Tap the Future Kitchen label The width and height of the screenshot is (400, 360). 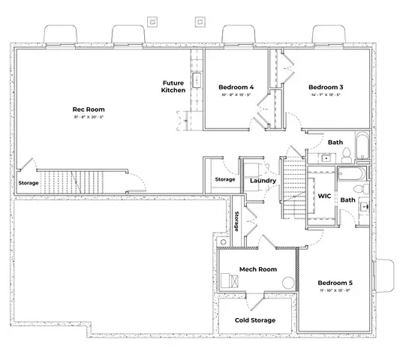(x=173, y=86)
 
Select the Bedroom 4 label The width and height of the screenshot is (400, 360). (x=236, y=87)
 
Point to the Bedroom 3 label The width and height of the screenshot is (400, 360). (x=326, y=87)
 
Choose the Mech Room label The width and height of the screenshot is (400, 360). (x=258, y=269)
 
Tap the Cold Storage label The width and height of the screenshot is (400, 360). (x=254, y=320)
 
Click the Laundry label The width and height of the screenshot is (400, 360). (x=263, y=181)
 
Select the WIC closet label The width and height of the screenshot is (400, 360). (x=324, y=196)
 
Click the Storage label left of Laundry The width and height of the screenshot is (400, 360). (x=224, y=180)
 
